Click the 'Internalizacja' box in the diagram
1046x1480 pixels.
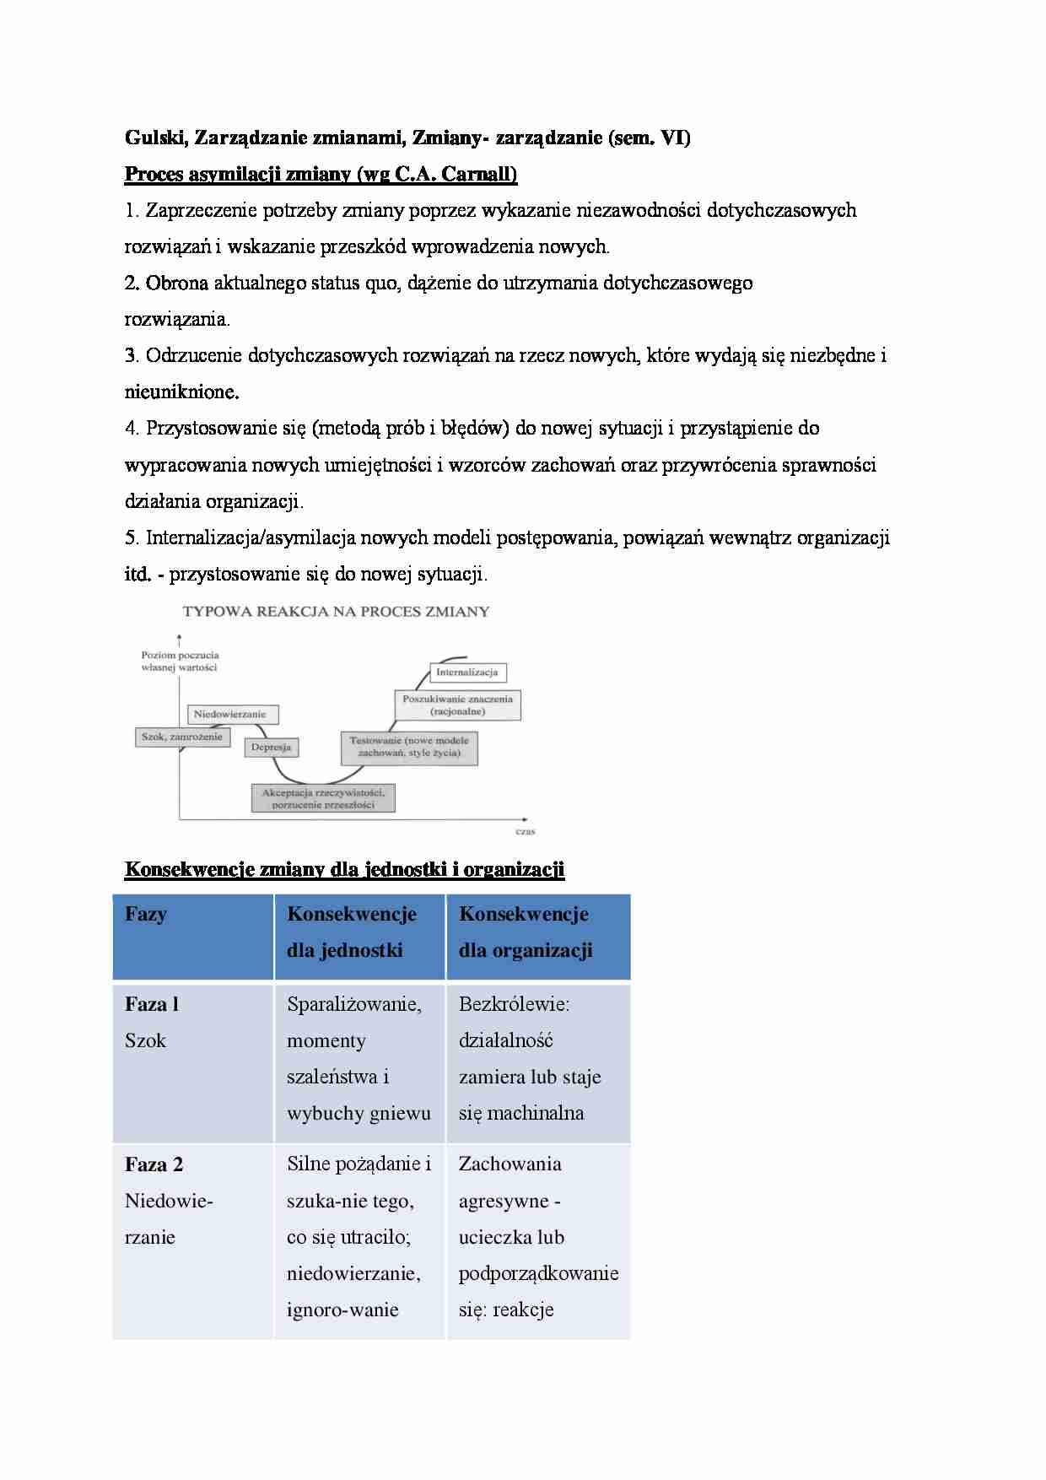coord(466,672)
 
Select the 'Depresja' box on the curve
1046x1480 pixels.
coord(271,747)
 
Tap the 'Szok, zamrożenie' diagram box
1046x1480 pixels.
coord(181,737)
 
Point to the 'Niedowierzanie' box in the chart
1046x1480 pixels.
coord(229,714)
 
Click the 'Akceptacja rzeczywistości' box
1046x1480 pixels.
coord(323,798)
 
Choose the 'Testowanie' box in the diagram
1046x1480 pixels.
coord(408,747)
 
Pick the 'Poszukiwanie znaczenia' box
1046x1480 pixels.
coord(457,705)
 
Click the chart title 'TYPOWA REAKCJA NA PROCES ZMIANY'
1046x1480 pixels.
coord(336,612)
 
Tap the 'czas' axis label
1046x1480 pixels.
coord(525,831)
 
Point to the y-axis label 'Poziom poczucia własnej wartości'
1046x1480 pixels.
coord(180,661)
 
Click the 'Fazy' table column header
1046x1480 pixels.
coord(146,915)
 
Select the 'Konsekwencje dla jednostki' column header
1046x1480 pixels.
coord(352,932)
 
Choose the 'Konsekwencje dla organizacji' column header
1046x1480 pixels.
coord(525,932)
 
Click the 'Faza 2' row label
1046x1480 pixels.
coord(154,1165)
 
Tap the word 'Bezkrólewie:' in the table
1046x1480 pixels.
coord(515,1004)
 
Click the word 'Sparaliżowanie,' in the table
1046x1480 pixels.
coord(354,1004)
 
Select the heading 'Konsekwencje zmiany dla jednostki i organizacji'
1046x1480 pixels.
coord(344,869)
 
